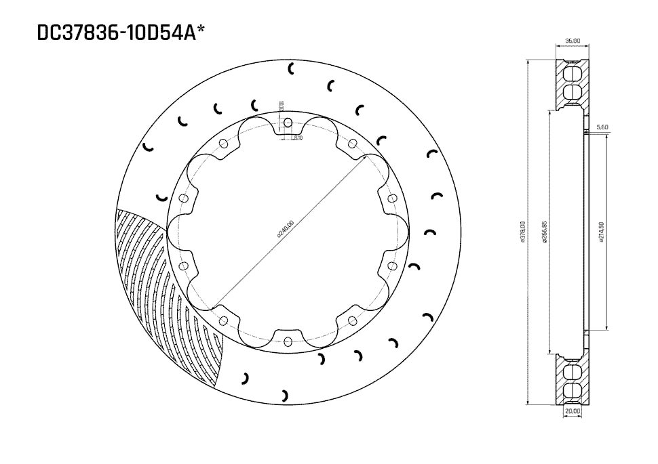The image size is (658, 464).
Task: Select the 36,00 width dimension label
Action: [x=573, y=41]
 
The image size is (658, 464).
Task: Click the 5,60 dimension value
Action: [x=602, y=127]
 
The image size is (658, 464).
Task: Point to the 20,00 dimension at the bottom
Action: [x=573, y=410]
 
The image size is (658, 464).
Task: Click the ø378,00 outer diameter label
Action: [x=522, y=233]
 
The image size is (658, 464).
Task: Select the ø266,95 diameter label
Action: [x=545, y=233]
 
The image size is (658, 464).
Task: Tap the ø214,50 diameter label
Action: [x=602, y=233]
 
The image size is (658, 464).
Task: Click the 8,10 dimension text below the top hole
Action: [x=298, y=138]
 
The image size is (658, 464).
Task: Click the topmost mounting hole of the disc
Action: [x=288, y=123]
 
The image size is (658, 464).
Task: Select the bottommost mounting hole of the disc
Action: [x=288, y=340]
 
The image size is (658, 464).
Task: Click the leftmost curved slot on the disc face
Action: [x=148, y=146]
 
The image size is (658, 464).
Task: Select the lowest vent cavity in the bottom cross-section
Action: [x=573, y=390]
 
